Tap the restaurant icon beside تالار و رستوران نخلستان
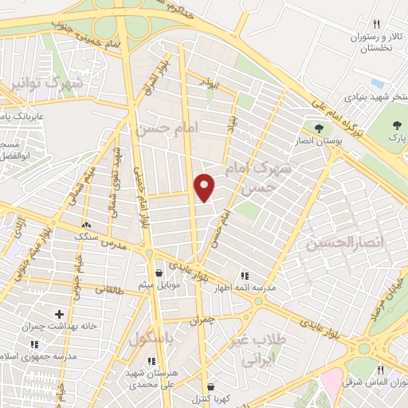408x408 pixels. [x=377, y=25]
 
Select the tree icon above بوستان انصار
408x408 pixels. [x=320, y=127]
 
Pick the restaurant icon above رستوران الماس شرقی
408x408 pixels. [x=379, y=370]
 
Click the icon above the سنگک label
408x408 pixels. [x=85, y=225]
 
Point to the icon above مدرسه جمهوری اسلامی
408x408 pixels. [x=33, y=344]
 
